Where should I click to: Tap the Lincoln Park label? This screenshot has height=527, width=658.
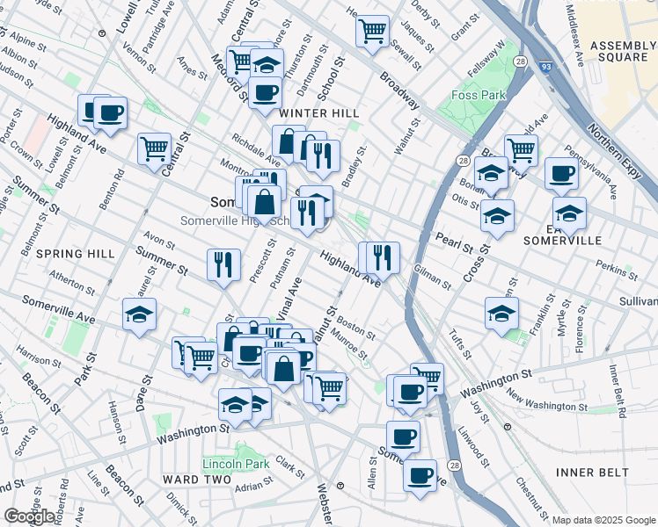235,464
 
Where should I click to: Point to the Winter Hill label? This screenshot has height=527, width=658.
315,113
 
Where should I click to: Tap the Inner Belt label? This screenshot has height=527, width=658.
593,473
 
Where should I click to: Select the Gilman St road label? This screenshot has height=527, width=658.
432,279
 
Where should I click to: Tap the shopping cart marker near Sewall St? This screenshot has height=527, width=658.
372,31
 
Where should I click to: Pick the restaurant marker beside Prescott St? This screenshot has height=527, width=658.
223,264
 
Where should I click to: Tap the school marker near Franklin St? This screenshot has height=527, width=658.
501,313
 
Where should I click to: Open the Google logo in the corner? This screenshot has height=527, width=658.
30,517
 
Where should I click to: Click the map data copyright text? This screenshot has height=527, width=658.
603,520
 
